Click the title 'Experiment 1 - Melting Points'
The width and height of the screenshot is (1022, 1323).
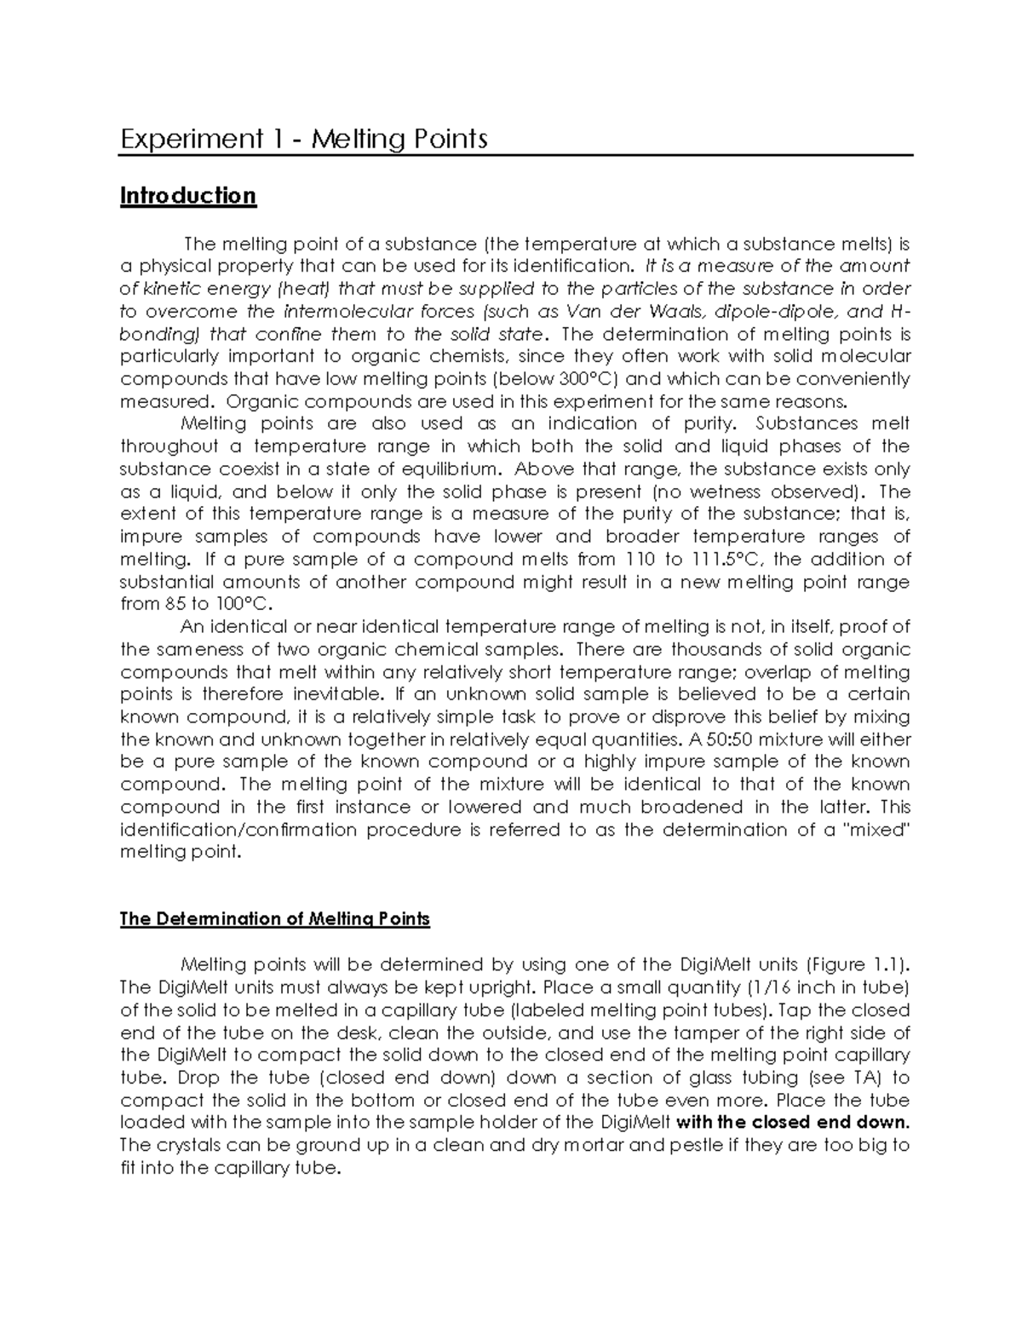303,138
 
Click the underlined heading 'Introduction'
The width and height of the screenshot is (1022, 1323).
187,196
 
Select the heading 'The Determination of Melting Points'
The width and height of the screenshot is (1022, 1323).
275,919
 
